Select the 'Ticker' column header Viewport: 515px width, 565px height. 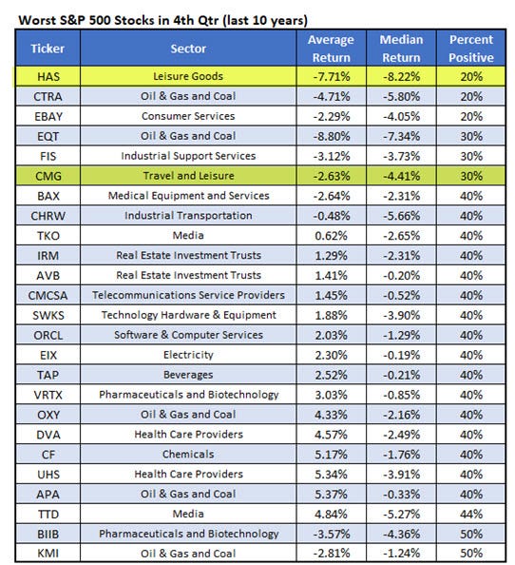(x=40, y=48)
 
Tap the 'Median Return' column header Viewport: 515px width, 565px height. (x=400, y=48)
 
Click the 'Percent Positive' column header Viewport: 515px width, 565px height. (x=472, y=48)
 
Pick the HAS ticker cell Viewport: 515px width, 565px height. (x=40, y=75)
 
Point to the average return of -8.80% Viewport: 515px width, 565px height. (x=329, y=135)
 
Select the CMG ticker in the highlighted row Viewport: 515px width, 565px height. (x=40, y=175)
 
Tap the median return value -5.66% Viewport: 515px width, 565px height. (x=400, y=215)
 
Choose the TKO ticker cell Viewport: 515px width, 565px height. (x=40, y=235)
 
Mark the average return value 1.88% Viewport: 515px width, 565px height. (x=329, y=315)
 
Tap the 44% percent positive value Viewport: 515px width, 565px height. (x=472, y=515)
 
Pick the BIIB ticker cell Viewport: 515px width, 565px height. (x=40, y=535)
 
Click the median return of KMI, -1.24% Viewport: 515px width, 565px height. (x=400, y=555)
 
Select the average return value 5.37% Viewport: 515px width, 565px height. (x=329, y=495)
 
